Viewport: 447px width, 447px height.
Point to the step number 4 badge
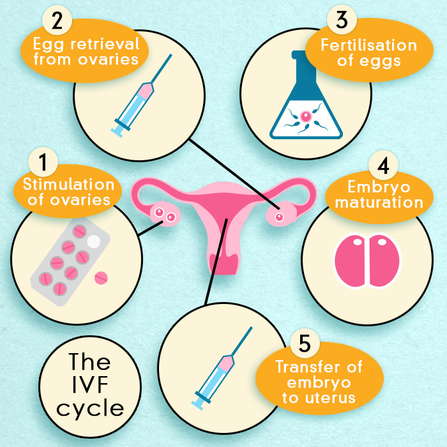[383, 165]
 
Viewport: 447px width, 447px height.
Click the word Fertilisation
[369, 46]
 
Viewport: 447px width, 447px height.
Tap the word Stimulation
[69, 185]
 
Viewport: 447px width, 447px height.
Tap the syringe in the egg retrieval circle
[141, 95]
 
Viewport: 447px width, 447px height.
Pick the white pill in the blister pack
[94, 242]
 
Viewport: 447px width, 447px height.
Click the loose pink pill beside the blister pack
[101, 278]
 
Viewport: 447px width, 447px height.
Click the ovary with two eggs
[163, 215]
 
